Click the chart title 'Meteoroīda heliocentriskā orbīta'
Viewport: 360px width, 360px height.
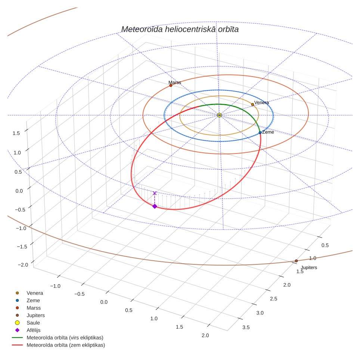(x=180, y=29)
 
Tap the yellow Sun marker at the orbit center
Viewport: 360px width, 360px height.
(x=219, y=115)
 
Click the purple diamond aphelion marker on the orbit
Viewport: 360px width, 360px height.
(x=155, y=206)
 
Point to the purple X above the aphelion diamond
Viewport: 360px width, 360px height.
(x=155, y=193)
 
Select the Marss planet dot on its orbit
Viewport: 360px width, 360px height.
(x=171, y=86)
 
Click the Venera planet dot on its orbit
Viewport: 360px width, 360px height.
(x=252, y=105)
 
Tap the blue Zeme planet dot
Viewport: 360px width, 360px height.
(x=260, y=133)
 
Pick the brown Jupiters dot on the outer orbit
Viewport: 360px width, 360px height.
(x=296, y=261)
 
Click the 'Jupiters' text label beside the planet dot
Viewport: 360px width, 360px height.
(x=309, y=267)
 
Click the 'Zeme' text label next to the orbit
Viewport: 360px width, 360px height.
(x=268, y=132)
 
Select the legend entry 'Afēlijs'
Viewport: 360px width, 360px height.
(x=34, y=330)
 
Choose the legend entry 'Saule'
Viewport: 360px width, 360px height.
(x=33, y=323)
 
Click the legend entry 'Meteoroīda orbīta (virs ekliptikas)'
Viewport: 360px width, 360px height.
(x=65, y=338)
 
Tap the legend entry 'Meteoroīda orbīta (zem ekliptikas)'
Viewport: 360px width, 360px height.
(x=66, y=345)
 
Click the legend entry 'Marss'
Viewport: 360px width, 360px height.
(x=34, y=308)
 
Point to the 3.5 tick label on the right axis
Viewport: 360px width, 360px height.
(x=246, y=328)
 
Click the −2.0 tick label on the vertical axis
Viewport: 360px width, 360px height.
(x=23, y=265)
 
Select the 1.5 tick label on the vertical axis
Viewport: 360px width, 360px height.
(x=16, y=133)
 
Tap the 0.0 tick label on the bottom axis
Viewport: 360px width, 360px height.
(x=104, y=302)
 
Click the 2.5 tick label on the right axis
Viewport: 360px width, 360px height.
(x=273, y=299)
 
